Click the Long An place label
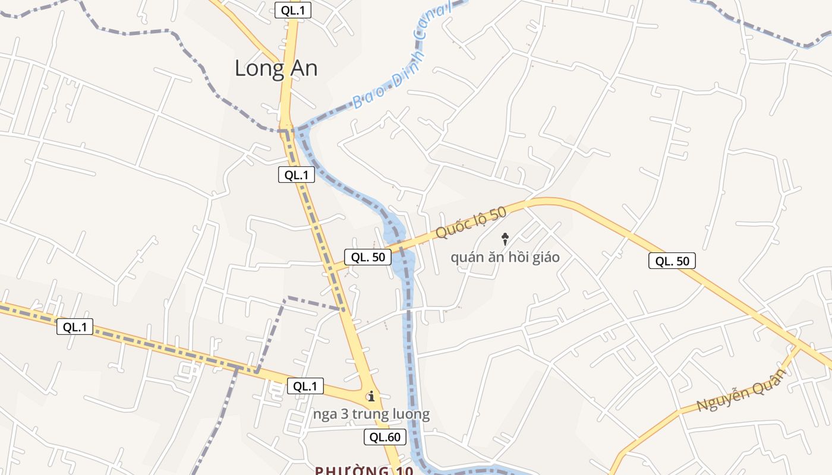click(276, 68)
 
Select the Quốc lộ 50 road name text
click(470, 223)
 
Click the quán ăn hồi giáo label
click(505, 258)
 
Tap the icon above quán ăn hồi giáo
click(505, 239)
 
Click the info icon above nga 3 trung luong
click(371, 396)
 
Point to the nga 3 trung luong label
click(371, 414)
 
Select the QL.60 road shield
click(385, 438)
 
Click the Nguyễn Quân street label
click(741, 389)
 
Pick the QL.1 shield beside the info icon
click(305, 386)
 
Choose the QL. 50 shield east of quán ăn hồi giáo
click(672, 261)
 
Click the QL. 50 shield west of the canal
click(368, 257)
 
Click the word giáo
click(545, 258)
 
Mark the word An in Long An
click(301, 68)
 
